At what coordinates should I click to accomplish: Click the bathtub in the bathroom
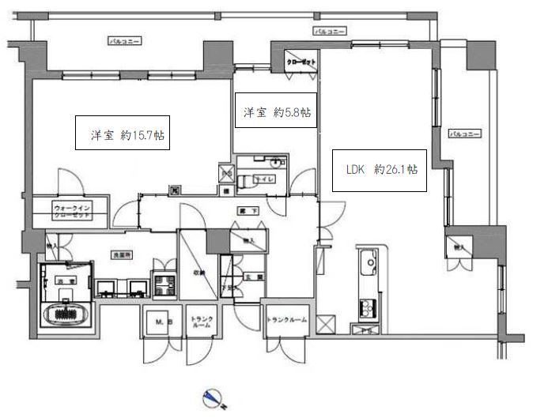point(65,314)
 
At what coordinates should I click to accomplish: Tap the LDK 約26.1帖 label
point(380,169)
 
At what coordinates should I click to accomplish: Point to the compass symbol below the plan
point(211,397)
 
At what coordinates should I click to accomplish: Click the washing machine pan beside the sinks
point(164,284)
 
